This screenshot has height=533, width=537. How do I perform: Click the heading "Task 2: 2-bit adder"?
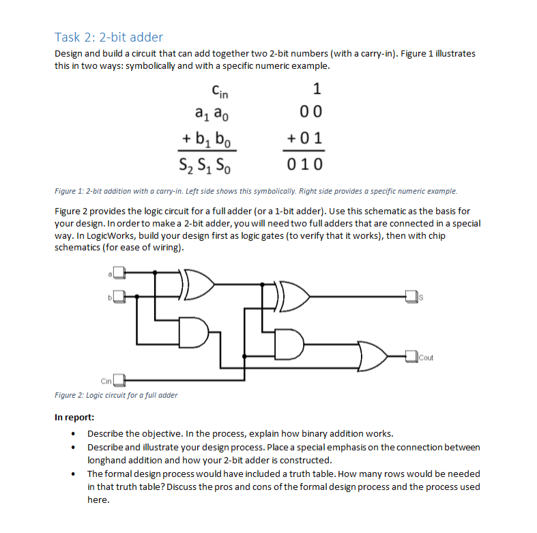coord(108,37)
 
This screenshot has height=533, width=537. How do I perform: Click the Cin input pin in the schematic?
coord(119,379)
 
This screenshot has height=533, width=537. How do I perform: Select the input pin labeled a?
coord(119,273)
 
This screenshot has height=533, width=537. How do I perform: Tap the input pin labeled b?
coord(119,297)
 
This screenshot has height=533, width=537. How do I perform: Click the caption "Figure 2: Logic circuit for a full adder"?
coord(116,395)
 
